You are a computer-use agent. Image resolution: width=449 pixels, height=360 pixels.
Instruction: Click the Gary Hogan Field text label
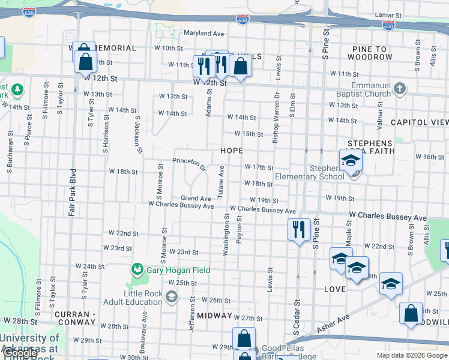tap(178, 270)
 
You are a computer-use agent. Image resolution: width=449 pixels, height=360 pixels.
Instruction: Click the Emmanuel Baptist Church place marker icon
tap(400, 89)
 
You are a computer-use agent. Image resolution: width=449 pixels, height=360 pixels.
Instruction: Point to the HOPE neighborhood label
tap(232, 151)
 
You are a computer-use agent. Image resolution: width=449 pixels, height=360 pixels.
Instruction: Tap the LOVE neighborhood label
tap(335, 290)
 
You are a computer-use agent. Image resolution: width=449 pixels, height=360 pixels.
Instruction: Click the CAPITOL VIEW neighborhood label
tap(418, 122)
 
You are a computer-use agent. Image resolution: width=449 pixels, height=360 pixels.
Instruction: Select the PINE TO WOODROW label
tap(365, 52)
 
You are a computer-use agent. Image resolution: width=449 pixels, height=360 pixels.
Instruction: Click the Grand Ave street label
tap(196, 198)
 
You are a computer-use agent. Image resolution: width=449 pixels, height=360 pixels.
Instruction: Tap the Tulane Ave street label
tap(221, 181)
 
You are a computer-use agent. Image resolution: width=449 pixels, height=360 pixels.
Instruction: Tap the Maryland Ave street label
tap(203, 33)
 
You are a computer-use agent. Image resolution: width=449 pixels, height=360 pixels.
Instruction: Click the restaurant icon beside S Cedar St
tap(298, 229)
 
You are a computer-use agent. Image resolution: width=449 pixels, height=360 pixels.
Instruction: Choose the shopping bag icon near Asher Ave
tap(411, 313)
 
